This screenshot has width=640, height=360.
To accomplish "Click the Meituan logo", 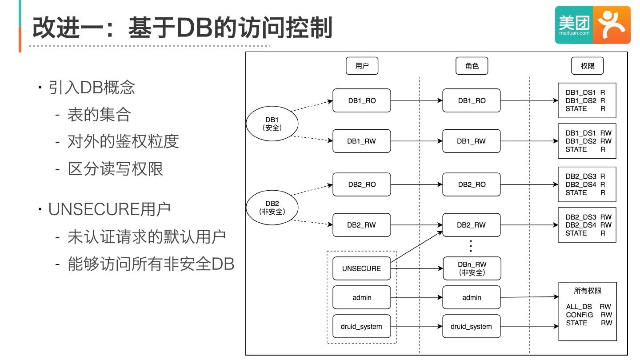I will (592, 25).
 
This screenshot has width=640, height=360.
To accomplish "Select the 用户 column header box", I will (362, 66).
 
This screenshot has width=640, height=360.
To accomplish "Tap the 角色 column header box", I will (472, 66).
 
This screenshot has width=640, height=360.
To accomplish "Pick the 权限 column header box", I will (587, 66).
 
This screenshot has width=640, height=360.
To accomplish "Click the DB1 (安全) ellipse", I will (272, 124).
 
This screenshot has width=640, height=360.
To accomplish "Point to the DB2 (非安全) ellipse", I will (272, 208).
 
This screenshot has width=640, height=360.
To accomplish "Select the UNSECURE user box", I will (361, 268).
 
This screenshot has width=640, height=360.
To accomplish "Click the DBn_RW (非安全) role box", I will (472, 268).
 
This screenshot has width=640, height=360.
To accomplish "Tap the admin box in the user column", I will (362, 297).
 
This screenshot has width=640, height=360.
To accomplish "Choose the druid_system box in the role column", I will (471, 327).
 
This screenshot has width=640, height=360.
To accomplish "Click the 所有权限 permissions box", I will (588, 311).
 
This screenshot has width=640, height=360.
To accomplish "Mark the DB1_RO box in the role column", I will (472, 100).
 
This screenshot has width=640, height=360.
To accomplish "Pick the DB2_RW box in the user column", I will (361, 225).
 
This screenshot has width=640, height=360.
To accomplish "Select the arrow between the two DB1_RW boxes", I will (416, 141).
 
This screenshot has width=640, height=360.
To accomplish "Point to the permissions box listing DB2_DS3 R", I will (587, 184).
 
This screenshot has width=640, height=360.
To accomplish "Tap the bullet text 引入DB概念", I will (92, 88).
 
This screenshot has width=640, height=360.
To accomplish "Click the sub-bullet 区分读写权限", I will (116, 169).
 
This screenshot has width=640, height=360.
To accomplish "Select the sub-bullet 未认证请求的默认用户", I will (147, 236).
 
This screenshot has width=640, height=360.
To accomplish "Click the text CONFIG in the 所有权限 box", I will (579, 315).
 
